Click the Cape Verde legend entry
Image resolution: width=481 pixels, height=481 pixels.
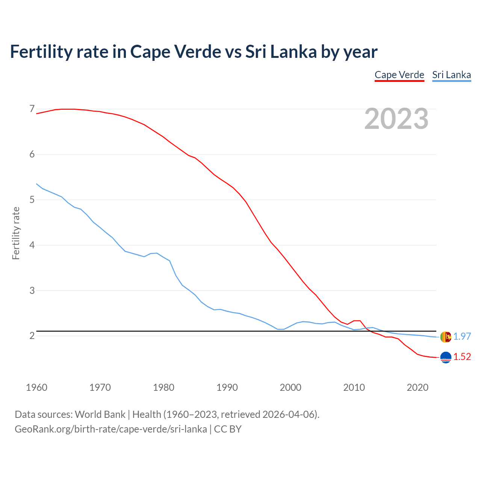click(x=399, y=75)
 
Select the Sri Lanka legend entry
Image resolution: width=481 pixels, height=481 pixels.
click(x=451, y=75)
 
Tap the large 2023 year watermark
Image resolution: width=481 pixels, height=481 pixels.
click(x=396, y=119)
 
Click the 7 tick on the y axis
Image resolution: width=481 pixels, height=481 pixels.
click(x=32, y=109)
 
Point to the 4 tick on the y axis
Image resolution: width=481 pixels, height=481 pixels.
click(x=32, y=245)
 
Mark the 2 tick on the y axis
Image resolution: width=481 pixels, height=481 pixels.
click(x=32, y=336)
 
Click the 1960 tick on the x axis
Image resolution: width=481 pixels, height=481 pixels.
click(x=36, y=387)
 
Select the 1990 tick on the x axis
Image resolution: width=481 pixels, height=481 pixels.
click(x=227, y=387)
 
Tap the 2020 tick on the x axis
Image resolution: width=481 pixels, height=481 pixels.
click(x=417, y=387)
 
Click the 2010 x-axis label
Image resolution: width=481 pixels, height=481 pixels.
click(x=354, y=387)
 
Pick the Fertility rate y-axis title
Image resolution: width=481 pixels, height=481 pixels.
click(x=16, y=233)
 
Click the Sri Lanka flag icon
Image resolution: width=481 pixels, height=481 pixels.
click(x=446, y=337)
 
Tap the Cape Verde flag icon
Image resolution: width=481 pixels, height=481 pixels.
click(x=446, y=357)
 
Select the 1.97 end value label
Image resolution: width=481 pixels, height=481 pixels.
click(x=462, y=337)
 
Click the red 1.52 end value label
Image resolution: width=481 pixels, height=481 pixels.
click(x=462, y=357)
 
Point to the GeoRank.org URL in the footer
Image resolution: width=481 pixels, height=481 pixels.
click(x=110, y=429)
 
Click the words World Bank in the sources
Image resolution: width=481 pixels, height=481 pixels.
click(x=100, y=414)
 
